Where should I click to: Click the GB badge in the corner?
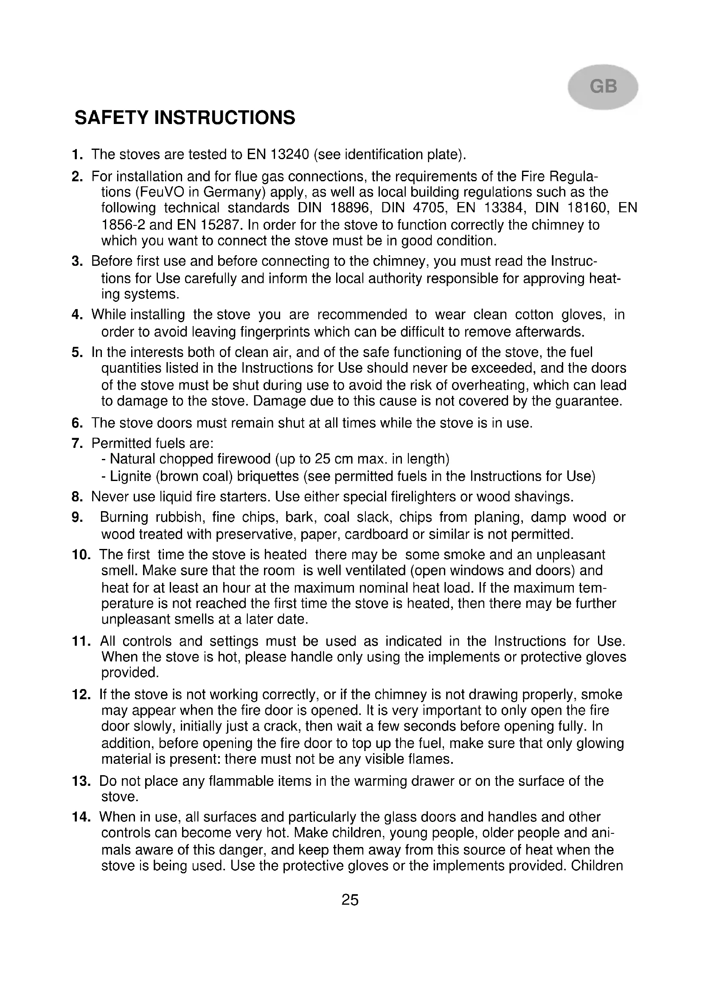point(603,87)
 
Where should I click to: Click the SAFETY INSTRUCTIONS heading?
point(185,118)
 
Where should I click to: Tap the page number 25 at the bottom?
point(350,900)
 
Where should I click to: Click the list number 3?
point(77,261)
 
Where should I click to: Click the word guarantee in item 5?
point(588,401)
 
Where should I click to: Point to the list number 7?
point(77,443)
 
